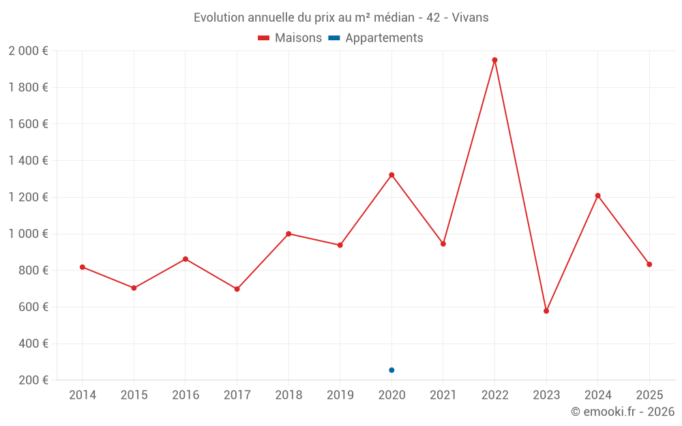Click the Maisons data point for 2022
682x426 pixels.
coord(494,60)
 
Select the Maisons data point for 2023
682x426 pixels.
coord(546,311)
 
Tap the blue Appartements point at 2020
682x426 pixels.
coord(391,370)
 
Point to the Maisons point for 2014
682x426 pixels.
coord(83,267)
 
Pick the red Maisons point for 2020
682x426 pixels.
coord(391,175)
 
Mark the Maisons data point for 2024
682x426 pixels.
coord(597,196)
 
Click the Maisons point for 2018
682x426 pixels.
coord(288,234)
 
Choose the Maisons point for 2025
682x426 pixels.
coord(649,264)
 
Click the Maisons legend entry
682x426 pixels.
coord(290,38)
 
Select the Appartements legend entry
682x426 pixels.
coord(376,38)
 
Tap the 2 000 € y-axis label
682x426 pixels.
coord(28,51)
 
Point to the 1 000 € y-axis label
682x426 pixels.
coord(28,234)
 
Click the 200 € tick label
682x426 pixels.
coord(32,380)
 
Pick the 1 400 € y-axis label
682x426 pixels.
coord(28,161)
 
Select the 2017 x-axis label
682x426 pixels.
coord(237,395)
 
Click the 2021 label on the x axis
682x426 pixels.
coord(443,395)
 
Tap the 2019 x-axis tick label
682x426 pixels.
coord(340,395)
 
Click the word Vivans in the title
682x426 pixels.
coord(469,18)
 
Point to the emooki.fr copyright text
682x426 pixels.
coord(623,412)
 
